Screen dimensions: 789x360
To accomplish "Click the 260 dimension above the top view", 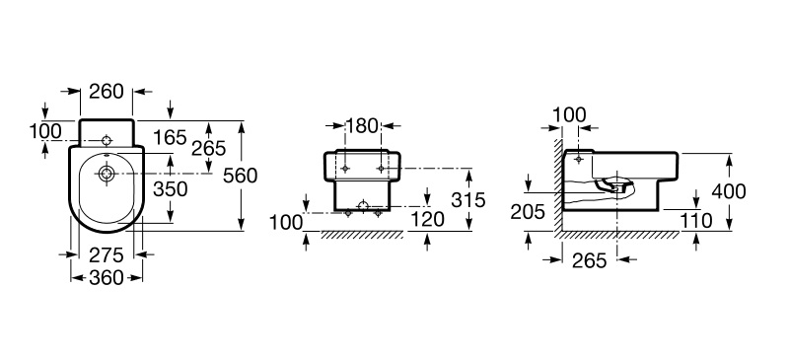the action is pyautogui.click(x=107, y=92).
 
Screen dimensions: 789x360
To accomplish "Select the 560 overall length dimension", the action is pyautogui.click(x=240, y=176).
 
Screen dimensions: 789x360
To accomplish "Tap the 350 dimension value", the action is pyautogui.click(x=170, y=189).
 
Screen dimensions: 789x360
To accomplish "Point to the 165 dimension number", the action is pyautogui.click(x=170, y=137).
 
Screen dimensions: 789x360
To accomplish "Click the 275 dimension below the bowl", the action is pyautogui.click(x=107, y=255).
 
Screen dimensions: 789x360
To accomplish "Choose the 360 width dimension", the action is pyautogui.click(x=107, y=277).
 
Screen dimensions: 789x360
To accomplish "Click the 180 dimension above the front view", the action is pyautogui.click(x=362, y=126).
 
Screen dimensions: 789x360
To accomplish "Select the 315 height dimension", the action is pyautogui.click(x=467, y=200).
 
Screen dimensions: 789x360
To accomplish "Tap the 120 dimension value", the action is pyautogui.click(x=428, y=220).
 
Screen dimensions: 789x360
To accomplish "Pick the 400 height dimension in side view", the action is pyautogui.click(x=729, y=191).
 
